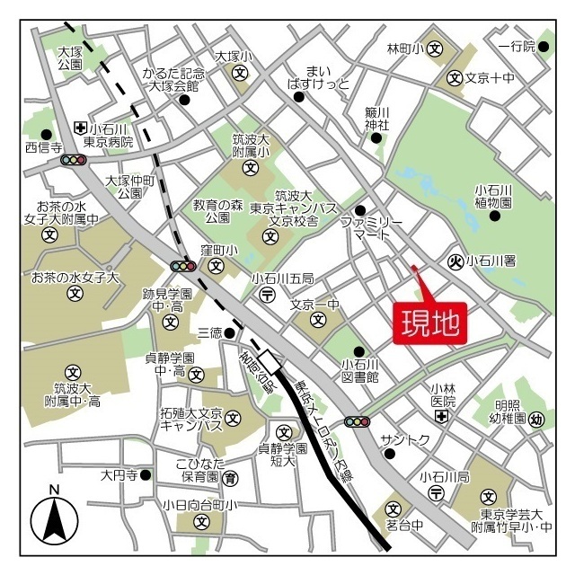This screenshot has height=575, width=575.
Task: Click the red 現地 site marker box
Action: tap(430, 321)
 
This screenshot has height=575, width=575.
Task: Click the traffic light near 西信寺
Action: tap(74, 160)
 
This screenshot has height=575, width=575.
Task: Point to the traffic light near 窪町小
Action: tap(183, 266)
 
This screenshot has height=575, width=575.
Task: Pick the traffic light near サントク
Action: tap(357, 421)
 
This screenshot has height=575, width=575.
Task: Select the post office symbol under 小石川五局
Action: tap(267, 295)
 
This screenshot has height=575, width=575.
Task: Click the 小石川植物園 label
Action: tap(493, 196)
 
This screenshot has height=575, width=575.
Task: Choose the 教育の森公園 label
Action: tap(218, 211)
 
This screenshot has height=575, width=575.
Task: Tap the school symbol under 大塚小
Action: tap(239, 72)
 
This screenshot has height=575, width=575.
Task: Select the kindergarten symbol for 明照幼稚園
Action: tap(536, 418)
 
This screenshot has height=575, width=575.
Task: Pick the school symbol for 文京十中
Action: tap(455, 78)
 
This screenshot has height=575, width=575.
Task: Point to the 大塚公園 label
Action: tap(69, 58)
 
